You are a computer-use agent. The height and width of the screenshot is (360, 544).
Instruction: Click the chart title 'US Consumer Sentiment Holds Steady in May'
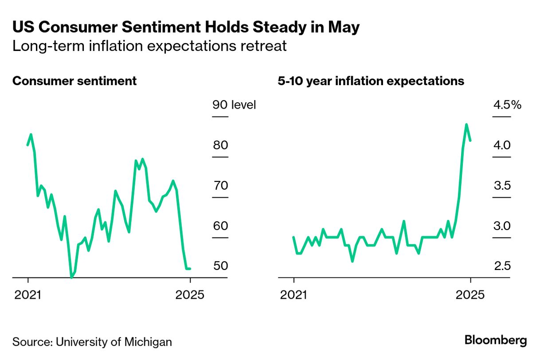click(186, 27)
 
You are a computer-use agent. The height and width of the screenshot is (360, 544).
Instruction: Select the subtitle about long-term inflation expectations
click(149, 46)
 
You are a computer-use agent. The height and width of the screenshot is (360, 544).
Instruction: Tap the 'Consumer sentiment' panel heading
click(74, 82)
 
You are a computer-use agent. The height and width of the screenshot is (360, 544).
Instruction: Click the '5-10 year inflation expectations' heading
click(371, 82)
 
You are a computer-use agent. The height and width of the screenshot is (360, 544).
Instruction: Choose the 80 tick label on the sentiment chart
click(220, 145)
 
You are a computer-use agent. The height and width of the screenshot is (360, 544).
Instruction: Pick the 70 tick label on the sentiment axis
click(220, 185)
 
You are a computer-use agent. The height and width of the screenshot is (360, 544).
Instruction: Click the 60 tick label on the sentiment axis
click(220, 226)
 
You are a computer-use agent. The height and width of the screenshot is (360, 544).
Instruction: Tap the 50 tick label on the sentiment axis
click(220, 266)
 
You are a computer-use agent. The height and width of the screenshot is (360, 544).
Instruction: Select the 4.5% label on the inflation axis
click(507, 105)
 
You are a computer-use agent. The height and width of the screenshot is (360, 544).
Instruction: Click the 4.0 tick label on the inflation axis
click(502, 145)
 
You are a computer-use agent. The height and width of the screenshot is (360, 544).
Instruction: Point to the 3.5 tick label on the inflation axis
click(502, 185)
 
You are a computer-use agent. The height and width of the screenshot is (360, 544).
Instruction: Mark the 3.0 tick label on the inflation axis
click(502, 226)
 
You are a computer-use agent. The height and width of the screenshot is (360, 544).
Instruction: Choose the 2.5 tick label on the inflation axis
click(502, 266)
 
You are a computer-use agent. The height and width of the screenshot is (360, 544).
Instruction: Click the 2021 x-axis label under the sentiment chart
click(27, 295)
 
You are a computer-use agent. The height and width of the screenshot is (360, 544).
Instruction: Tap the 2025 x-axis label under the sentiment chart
click(190, 295)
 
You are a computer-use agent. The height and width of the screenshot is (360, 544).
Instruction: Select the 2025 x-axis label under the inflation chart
click(470, 295)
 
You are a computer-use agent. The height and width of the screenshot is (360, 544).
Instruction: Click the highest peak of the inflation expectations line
click(466, 125)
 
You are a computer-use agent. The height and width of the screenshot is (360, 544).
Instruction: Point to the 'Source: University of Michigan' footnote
click(92, 342)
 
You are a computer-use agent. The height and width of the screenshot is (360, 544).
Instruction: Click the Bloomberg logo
click(496, 340)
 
